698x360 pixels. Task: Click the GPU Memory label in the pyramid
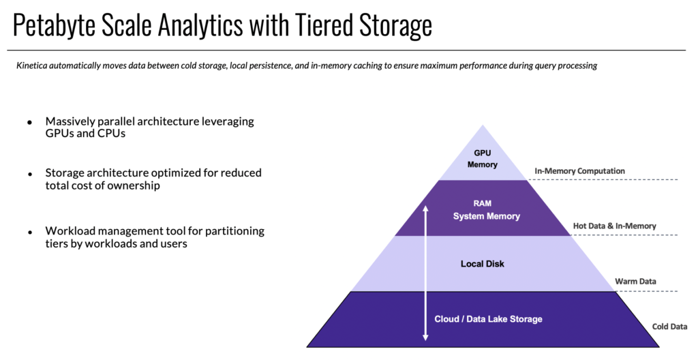click(x=486, y=159)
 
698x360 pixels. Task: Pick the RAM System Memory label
click(x=487, y=210)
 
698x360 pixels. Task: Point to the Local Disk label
click(x=482, y=263)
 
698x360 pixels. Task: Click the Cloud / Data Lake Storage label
click(x=488, y=319)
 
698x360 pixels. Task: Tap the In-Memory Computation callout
click(x=579, y=171)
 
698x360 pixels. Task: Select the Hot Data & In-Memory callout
click(x=614, y=226)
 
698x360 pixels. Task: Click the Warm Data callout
click(x=637, y=281)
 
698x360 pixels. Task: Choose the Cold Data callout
click(x=669, y=327)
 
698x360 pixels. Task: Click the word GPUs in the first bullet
click(x=60, y=134)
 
